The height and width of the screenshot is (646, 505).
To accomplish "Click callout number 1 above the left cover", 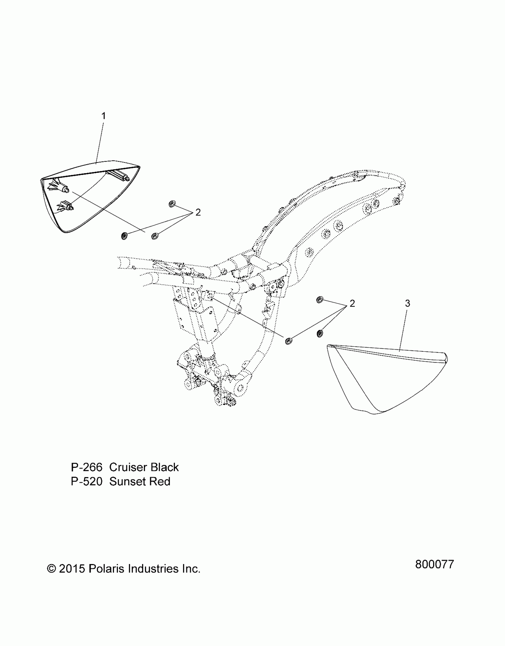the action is coord(104,116).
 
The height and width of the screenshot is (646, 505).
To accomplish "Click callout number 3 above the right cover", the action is coord(408,304).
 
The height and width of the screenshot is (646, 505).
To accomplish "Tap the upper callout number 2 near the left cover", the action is coord(198,212).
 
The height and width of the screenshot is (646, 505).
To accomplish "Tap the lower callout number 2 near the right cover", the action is coord(352,304).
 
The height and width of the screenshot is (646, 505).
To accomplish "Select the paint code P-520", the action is coord(86,482).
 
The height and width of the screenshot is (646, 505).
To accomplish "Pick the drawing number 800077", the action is coord(435,564).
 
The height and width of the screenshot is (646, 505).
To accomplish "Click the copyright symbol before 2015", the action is coord(52,569).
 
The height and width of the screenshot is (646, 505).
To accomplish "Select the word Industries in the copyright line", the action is coord(153,569).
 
